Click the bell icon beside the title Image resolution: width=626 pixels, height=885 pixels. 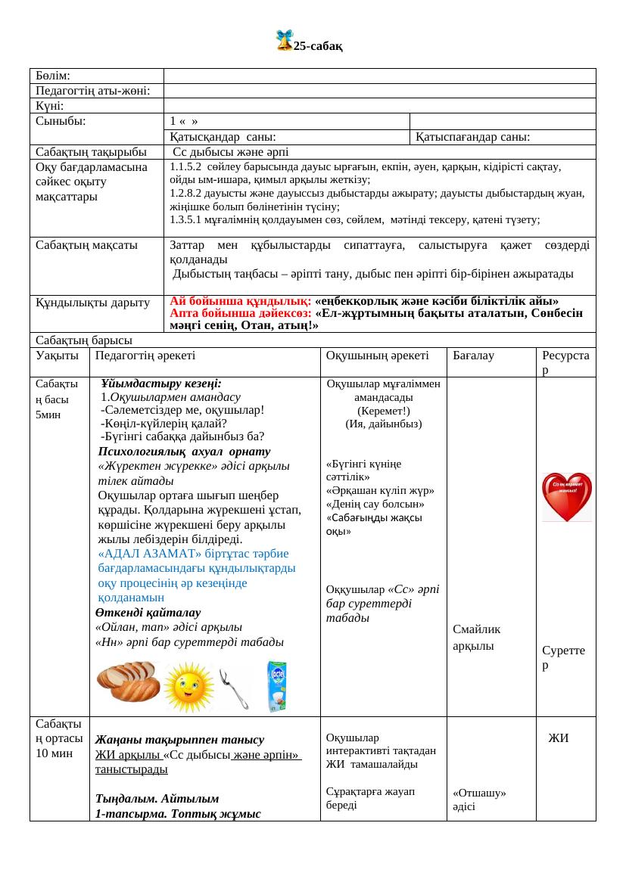[x=284, y=41]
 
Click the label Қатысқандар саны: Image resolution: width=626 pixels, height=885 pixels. [x=222, y=137]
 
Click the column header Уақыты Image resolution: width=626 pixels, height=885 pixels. [x=57, y=355]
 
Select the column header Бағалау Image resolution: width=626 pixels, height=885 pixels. [x=473, y=355]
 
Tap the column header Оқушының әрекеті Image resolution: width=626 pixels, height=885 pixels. [x=377, y=355]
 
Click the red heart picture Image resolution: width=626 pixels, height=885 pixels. [x=566, y=498]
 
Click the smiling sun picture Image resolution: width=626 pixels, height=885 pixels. [x=189, y=686]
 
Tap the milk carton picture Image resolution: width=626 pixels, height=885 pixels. [x=277, y=686]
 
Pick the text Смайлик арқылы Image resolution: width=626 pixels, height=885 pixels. [x=477, y=637]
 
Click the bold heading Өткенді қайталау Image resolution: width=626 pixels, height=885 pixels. [x=148, y=612]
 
